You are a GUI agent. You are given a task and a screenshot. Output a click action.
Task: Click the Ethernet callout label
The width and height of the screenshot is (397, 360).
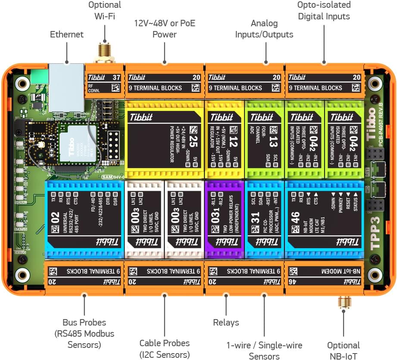[66, 34]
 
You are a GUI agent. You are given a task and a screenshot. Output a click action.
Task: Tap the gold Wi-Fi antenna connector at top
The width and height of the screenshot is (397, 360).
[104, 51]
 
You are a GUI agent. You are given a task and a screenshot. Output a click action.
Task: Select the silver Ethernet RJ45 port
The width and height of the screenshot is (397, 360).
[66, 86]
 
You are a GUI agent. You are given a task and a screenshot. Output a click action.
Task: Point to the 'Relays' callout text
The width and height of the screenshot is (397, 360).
[226, 322]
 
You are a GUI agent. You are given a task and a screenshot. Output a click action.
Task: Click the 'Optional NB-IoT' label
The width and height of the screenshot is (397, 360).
[344, 350]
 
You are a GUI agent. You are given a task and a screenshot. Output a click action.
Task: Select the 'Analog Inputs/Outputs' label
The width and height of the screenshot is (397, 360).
[264, 29]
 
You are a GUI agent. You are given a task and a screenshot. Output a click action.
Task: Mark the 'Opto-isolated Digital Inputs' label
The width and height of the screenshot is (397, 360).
[324, 10]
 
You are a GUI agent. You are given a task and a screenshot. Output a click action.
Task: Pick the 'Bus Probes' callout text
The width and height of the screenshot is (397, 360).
[84, 333]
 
